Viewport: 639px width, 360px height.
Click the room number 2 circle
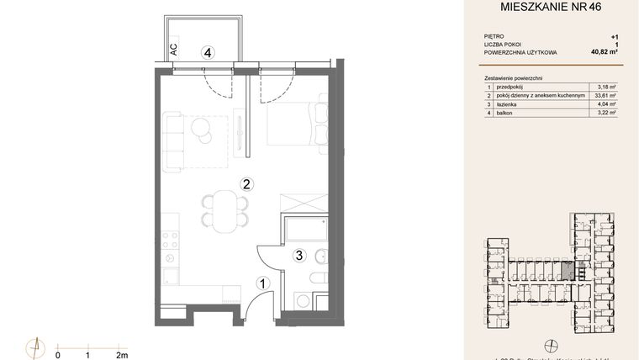pyautogui.click(x=246, y=183)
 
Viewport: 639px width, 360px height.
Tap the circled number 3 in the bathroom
pyautogui.click(x=298, y=255)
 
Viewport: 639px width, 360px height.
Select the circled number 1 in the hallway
pyautogui.click(x=262, y=284)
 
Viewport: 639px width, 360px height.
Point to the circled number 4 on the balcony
pyautogui.click(x=207, y=52)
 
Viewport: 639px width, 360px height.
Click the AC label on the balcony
pyautogui.click(x=173, y=49)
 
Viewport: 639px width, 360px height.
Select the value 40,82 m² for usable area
pyautogui.click(x=603, y=52)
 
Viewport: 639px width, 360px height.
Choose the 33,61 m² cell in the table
pyautogui.click(x=605, y=94)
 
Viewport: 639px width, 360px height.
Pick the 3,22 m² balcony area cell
pyautogui.click(x=605, y=111)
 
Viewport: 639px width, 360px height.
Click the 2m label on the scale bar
pyautogui.click(x=122, y=355)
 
